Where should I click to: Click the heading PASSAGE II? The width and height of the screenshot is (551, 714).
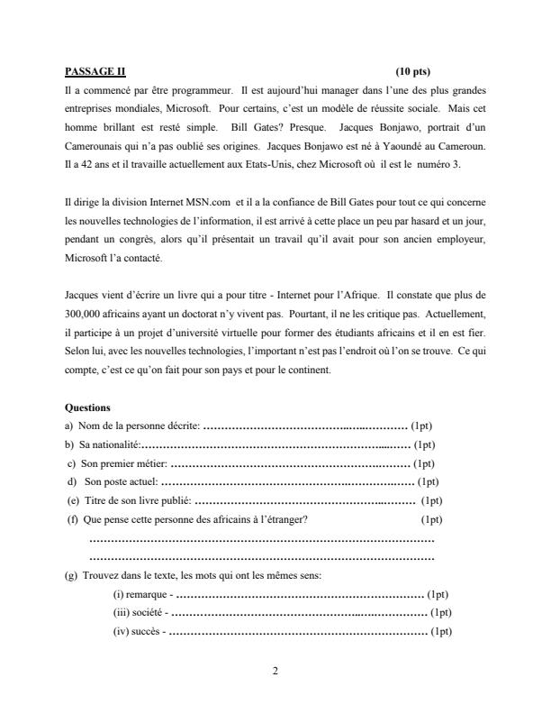click(95, 71)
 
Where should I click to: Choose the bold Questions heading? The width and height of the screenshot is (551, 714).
click(88, 407)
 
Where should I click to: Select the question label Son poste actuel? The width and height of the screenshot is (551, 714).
click(120, 481)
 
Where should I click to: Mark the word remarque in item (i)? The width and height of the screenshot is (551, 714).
click(148, 595)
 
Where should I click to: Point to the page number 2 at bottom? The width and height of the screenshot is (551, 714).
click(275, 670)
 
